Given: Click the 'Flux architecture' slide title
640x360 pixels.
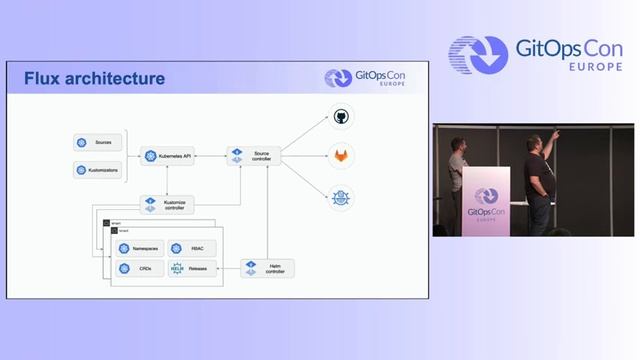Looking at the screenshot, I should coord(94,78).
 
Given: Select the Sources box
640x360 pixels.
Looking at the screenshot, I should coord(97,143).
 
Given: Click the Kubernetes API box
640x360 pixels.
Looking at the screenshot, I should coord(168,156).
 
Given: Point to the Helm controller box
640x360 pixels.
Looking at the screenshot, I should coord(261,268).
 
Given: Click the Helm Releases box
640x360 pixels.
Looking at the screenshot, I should coord(190,268).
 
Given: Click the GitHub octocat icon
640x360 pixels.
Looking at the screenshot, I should coord(342,117).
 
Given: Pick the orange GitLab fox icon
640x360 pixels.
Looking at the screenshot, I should coord(342,156).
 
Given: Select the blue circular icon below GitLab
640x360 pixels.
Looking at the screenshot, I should coord(342,196).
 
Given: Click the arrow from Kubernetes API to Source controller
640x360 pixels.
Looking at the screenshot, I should coord(210,156).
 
